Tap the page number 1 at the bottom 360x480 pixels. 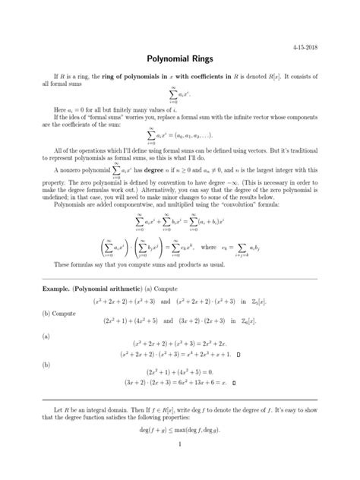pyautogui.click(x=179, y=465)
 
